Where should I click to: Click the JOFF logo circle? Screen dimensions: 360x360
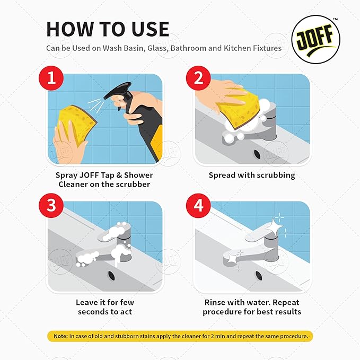(316, 40)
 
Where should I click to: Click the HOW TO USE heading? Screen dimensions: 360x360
(108, 29)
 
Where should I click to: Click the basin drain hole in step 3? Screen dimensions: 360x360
(112, 275)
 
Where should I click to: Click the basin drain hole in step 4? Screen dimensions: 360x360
(259, 275)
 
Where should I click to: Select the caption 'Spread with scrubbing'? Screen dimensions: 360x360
(252, 175)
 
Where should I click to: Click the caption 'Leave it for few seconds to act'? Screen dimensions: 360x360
(104, 307)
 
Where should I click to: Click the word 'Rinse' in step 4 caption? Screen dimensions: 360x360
(215, 302)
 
